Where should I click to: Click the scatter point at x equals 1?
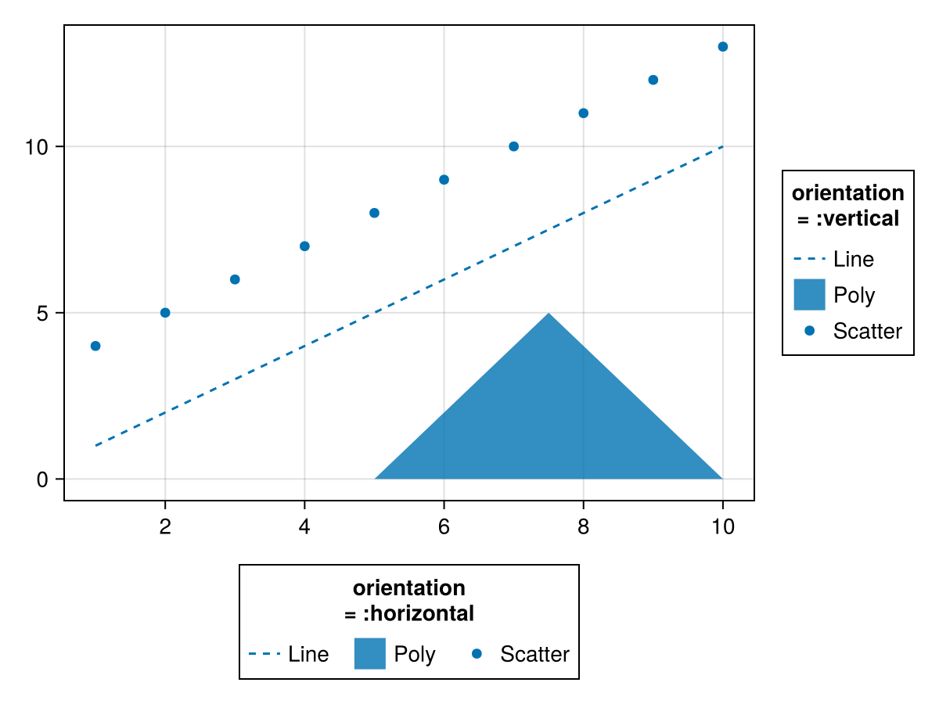pyautogui.click(x=95, y=346)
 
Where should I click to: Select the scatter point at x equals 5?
pyautogui.click(x=374, y=213)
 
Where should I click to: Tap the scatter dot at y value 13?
pyautogui.click(x=722, y=47)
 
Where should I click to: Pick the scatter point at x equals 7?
pyautogui.click(x=513, y=146)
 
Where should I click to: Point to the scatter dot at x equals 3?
pyautogui.click(x=235, y=279)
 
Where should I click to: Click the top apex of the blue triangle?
pyautogui.click(x=549, y=314)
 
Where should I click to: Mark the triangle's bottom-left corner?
pyautogui.click(x=376, y=478)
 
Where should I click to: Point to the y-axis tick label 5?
pyautogui.click(x=44, y=313)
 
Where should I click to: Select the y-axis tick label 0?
pyautogui.click(x=44, y=480)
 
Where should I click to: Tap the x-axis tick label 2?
pyautogui.click(x=165, y=526)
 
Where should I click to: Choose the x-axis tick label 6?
pyautogui.click(x=444, y=526)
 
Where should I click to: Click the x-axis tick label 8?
pyautogui.click(x=583, y=526)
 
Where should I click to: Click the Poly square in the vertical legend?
pyautogui.click(x=809, y=295)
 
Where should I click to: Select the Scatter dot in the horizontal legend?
pyautogui.click(x=477, y=653)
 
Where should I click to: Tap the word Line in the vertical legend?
pyautogui.click(x=853, y=259)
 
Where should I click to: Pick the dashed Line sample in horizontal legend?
pyautogui.click(x=264, y=653)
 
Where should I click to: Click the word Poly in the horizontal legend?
pyautogui.click(x=415, y=654)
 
